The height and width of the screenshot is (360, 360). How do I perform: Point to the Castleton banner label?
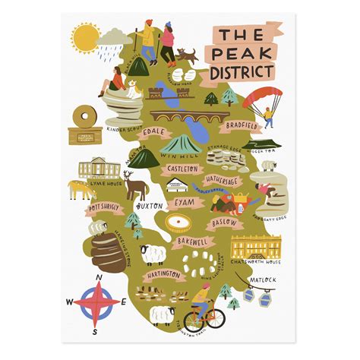(183, 169)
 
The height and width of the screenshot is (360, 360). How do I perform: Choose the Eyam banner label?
(184, 204)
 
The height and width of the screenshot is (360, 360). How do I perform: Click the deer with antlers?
(135, 185)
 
